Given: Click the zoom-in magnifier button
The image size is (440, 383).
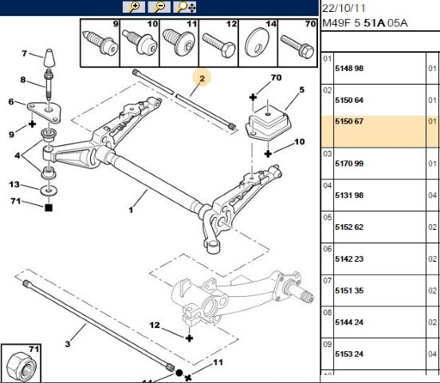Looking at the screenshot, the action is click(134, 7).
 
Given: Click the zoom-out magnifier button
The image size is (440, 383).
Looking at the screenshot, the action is click(159, 7).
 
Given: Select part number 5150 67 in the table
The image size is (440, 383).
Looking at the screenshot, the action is click(349, 121).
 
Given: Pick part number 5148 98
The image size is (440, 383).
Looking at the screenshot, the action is click(349, 69).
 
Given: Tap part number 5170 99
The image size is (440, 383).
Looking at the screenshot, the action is click(349, 164).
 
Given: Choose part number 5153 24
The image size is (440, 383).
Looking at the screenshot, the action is click(349, 353).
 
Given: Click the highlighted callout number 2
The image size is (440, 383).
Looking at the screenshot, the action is click(202, 79).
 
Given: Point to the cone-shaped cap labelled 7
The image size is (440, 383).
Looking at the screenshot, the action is click(49, 57).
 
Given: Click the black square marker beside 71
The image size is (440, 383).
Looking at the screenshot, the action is click(49, 207).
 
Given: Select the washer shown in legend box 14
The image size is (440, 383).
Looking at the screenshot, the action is click(257, 44).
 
